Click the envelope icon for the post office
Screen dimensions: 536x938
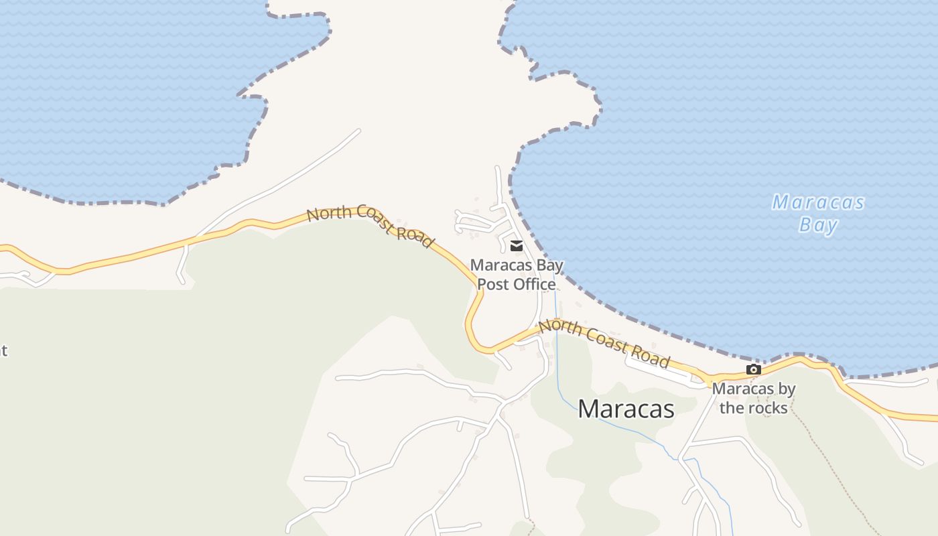pos(517,246)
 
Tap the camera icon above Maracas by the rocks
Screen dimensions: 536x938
pos(754,370)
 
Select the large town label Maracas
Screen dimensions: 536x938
pos(626,409)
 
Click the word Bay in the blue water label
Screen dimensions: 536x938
pos(818,225)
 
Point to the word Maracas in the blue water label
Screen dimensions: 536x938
pos(818,202)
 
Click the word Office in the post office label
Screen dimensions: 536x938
pos(534,284)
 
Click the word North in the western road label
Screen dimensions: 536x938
pos(330,214)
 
